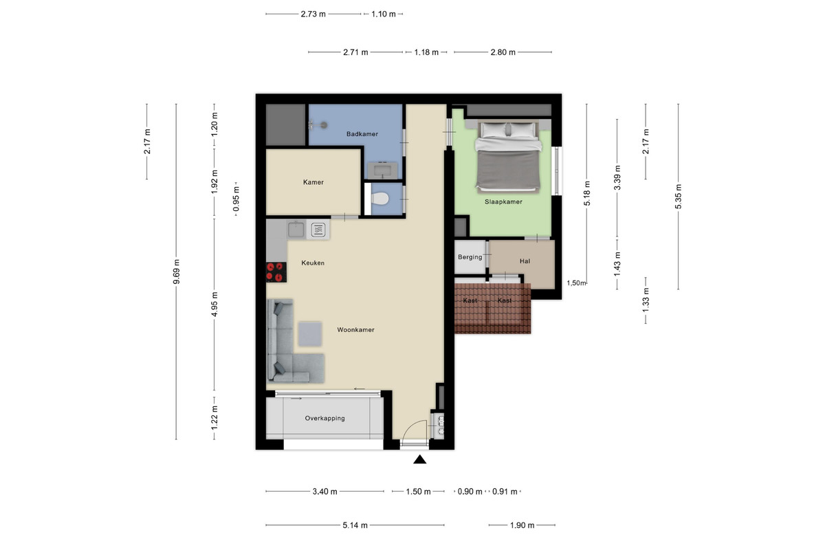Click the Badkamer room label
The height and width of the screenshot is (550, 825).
click(x=362, y=134)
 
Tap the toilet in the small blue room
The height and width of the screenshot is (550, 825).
click(x=379, y=199)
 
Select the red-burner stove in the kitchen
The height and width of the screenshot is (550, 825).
click(x=276, y=272)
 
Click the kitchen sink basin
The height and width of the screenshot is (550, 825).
click(x=296, y=230)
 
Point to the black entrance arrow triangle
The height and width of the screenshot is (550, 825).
click(x=419, y=459)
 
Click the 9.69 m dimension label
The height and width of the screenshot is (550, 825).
click(x=177, y=272)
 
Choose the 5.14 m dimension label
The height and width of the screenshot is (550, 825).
click(x=355, y=525)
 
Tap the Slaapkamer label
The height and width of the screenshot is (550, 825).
click(x=503, y=202)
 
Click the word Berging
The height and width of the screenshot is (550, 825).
click(x=470, y=257)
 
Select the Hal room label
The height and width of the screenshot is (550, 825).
click(x=525, y=261)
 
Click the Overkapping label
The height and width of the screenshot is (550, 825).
click(x=324, y=418)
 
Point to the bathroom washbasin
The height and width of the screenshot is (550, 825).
click(x=383, y=171)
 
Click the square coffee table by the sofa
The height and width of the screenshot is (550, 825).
click(x=310, y=334)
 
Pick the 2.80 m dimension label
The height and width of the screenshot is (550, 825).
click(x=503, y=52)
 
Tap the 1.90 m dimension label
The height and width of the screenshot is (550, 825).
click(x=522, y=525)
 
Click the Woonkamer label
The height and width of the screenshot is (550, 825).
click(x=355, y=330)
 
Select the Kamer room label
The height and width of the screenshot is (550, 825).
click(x=313, y=182)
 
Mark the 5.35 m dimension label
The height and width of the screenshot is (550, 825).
click(x=679, y=197)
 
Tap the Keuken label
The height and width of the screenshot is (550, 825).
click(x=313, y=263)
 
